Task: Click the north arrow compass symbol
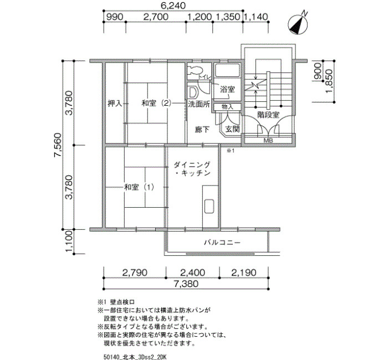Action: (298, 24)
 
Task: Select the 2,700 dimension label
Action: (156, 17)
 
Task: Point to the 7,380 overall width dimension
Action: (186, 284)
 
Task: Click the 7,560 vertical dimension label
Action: (58, 145)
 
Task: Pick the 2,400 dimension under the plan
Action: (192, 272)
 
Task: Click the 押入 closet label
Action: (115, 103)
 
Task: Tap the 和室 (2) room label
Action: (156, 103)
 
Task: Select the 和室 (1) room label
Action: (139, 187)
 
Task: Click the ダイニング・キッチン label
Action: (192, 168)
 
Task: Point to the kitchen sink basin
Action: (209, 206)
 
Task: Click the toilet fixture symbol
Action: (196, 70)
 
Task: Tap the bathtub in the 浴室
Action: (227, 70)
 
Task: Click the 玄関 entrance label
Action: (232, 129)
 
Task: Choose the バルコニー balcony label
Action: (222, 243)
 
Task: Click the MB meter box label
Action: (268, 141)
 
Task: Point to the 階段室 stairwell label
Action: (268, 115)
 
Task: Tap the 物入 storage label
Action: (227, 107)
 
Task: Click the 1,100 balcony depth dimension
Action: (69, 241)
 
